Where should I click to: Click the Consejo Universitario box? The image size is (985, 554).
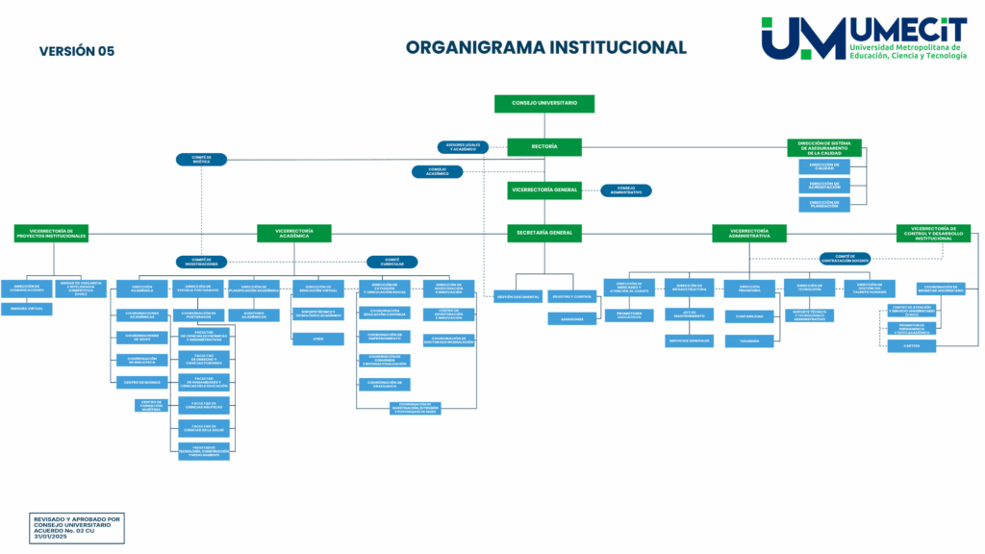point(544,103)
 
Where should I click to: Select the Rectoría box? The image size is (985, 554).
point(544,147)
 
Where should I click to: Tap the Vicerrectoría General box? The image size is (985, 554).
point(544,189)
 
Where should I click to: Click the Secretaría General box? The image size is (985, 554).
point(544,233)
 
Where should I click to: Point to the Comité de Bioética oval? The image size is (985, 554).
point(201,160)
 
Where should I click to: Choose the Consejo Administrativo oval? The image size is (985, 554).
point(626,190)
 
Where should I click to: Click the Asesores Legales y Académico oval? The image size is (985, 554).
point(462,147)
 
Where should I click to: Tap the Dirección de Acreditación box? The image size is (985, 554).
point(823,185)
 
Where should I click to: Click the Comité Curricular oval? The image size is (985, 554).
point(391,262)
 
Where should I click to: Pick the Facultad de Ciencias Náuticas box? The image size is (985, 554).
point(203,406)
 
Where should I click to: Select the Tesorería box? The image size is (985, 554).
point(749,340)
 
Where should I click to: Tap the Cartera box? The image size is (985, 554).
point(911,346)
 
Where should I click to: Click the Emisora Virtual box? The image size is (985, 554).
point(27,309)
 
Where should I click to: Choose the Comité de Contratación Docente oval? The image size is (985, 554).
point(845,258)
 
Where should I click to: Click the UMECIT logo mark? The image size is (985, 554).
point(803,38)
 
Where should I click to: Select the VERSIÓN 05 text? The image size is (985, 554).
point(76,51)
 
